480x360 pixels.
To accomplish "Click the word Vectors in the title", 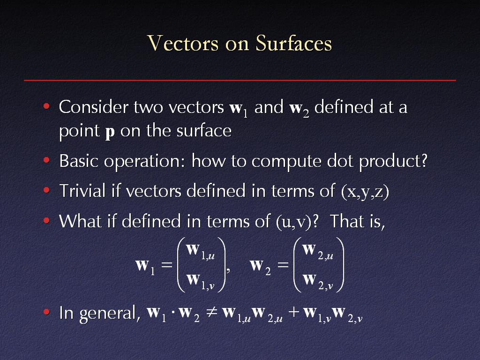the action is tap(183, 43).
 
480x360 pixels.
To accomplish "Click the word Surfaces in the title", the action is tap(294, 43).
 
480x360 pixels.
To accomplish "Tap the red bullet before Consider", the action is tap(46, 106).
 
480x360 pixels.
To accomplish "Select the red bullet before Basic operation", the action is tap(46, 160).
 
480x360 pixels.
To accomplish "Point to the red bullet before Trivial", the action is tap(46, 190).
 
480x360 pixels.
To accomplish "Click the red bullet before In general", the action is tap(46, 312).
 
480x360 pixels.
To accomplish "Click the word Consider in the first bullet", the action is tap(94, 107).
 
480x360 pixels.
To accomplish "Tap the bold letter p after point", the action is tap(110, 133).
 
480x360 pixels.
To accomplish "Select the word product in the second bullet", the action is tap(390, 161).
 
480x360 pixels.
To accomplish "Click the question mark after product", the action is tap(424, 160).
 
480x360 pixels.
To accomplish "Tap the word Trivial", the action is tap(82, 190).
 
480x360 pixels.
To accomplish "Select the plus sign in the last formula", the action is tap(294, 313).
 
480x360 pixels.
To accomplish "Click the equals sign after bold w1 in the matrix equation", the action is tap(167, 264).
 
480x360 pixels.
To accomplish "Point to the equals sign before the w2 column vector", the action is tap(283, 264).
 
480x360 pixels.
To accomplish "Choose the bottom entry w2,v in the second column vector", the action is tap(318, 281).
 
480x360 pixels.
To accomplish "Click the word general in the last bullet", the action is tap(108, 314).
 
